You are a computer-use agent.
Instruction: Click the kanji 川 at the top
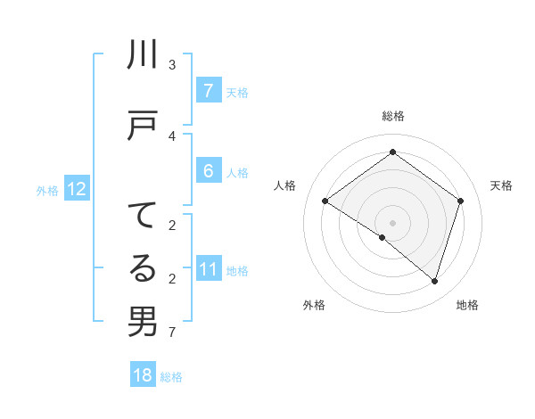point(143,56)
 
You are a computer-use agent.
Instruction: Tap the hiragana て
point(143,217)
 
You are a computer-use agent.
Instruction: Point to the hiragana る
point(143,268)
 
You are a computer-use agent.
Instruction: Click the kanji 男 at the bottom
point(143,321)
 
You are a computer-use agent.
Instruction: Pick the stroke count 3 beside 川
point(172,65)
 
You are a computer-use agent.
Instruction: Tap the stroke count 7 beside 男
point(172,333)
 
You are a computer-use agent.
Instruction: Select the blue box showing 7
point(208,90)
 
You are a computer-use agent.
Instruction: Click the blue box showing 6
point(208,170)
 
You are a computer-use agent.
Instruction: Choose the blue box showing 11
point(208,269)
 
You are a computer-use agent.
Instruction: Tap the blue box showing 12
point(76,189)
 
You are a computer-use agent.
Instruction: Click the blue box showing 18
point(143,375)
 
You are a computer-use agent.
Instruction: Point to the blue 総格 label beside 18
point(171,377)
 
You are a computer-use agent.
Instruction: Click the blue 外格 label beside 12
point(47,190)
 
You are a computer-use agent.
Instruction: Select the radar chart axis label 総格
point(392,116)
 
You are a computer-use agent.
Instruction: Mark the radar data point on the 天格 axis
point(460,201)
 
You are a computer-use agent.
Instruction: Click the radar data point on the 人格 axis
point(325,201)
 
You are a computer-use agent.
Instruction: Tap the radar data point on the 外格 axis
point(383,237)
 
